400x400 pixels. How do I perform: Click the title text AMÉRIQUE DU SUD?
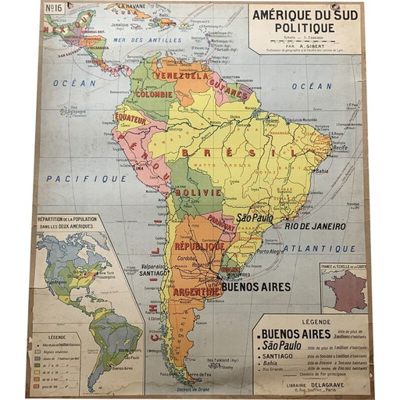pyautogui.click(x=305, y=14)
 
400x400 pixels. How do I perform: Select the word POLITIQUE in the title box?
pyautogui.click(x=305, y=27)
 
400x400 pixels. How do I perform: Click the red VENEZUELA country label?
pyautogui.click(x=181, y=76)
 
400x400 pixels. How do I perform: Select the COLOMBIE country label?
pyautogui.click(x=154, y=94)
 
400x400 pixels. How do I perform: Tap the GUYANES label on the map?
pyautogui.click(x=227, y=90)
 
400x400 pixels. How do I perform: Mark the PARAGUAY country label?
pyautogui.click(x=222, y=222)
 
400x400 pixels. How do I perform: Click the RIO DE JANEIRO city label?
pyautogui.click(x=315, y=226)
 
